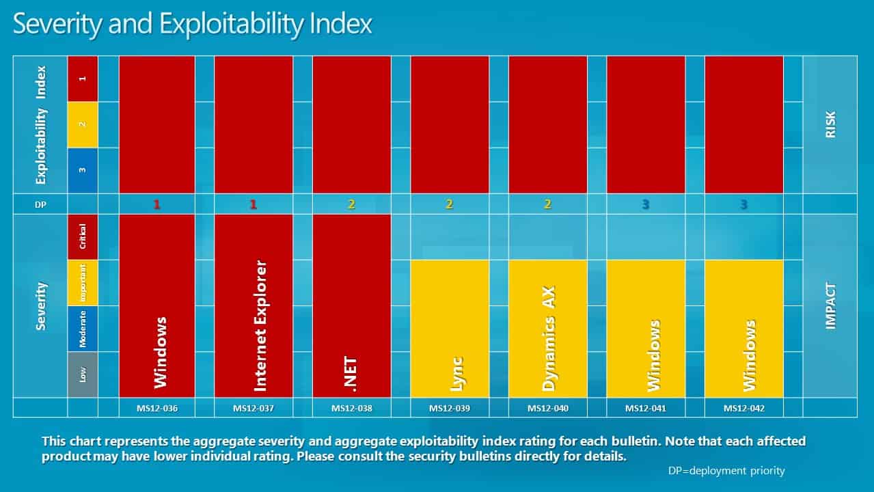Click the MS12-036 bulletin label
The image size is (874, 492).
coord(157,409)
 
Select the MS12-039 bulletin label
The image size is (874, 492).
coord(450,409)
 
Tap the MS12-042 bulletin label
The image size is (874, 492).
coord(744,409)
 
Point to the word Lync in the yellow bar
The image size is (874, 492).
coord(456,374)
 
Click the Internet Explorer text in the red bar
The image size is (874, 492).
coord(260,325)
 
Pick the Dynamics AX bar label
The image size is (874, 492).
coord(548,338)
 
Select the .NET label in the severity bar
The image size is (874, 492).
coord(351,374)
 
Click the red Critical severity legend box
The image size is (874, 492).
coord(83,236)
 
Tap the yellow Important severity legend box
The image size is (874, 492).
coord(83,283)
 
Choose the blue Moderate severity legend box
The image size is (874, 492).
coord(83,329)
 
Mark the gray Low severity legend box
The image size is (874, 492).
coord(83,374)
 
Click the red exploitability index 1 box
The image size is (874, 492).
coord(83,79)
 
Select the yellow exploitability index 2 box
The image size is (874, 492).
coord(83,124)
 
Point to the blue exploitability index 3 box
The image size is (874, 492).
coord(83,170)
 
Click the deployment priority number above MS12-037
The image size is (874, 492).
coord(254,204)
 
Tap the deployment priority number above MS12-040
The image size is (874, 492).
coord(548,204)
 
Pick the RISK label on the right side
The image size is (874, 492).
coord(830,124)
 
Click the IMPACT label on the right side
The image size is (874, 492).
coord(830,305)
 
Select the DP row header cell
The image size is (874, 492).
coord(40,204)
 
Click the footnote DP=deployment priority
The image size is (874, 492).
coord(726,471)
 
